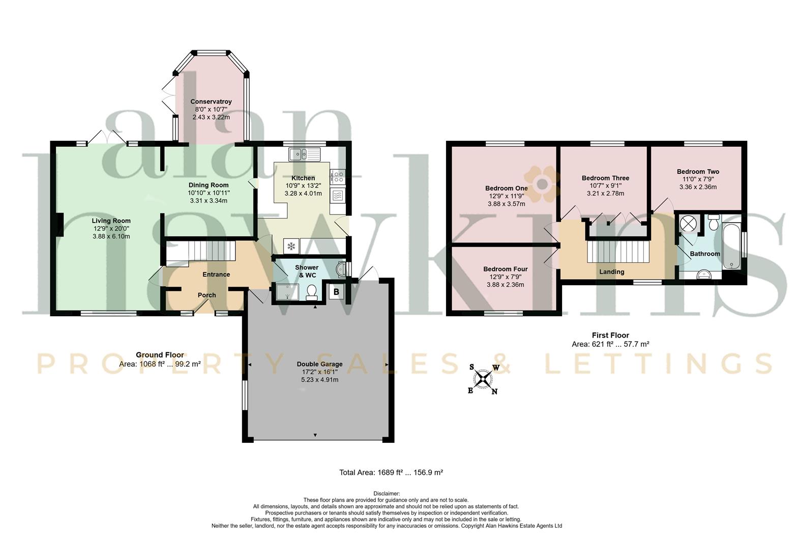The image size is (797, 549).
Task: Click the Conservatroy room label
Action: [211, 102]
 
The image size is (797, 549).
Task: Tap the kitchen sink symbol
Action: [305, 155]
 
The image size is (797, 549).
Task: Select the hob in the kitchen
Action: [338, 177]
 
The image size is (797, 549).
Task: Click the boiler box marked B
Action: [336, 292]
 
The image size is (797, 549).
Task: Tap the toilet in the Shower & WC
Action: [312, 292]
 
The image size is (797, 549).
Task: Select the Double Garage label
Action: [319, 364]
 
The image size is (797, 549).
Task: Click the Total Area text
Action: [391, 473]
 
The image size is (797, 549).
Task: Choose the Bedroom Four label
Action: [505, 269]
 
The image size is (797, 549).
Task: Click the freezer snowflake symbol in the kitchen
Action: [291, 246]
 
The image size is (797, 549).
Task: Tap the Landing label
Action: [612, 272]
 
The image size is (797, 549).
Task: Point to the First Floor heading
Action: [610, 335]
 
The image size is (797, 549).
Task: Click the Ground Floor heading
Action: [160, 355]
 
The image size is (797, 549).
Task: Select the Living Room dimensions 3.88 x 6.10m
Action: [111, 236]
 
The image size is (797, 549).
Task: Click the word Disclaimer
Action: [387, 494]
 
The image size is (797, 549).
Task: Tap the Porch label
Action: [206, 295]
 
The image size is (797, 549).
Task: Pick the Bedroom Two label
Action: [698, 172]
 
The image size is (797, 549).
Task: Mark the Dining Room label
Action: [209, 185]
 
